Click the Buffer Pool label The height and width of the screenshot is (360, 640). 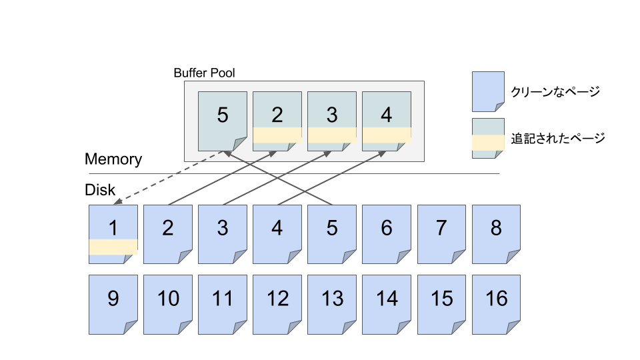point(204,73)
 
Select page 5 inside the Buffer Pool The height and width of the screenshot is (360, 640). point(223,121)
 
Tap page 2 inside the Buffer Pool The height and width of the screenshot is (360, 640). point(277,121)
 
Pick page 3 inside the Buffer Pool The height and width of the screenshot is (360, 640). point(332,121)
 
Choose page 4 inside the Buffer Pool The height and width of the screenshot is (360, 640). point(387,121)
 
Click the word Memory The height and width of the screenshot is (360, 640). point(113,159)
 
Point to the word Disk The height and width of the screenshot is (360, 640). point(100,190)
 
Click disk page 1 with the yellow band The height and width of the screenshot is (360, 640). point(113,234)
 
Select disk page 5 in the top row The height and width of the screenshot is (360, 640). point(332,234)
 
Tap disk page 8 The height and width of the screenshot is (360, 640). point(496,234)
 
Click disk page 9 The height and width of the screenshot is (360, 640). point(113,304)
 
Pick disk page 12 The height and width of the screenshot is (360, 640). point(277,304)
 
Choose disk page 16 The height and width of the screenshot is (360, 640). point(496,304)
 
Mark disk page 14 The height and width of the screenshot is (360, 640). point(387,304)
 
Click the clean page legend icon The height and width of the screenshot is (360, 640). point(487,91)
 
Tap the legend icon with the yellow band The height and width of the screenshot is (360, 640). point(487,138)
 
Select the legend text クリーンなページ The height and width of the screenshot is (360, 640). point(555,92)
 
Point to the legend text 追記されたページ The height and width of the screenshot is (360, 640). point(557,139)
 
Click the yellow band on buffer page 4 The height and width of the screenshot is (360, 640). point(387,135)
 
